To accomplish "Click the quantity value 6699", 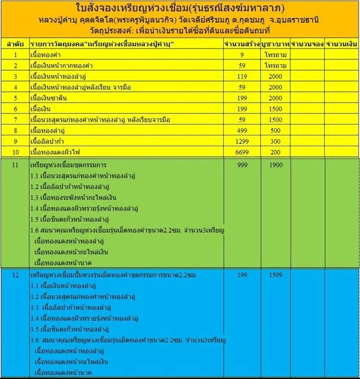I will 240,152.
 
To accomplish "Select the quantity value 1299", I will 240,142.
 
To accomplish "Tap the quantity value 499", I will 240,130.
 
